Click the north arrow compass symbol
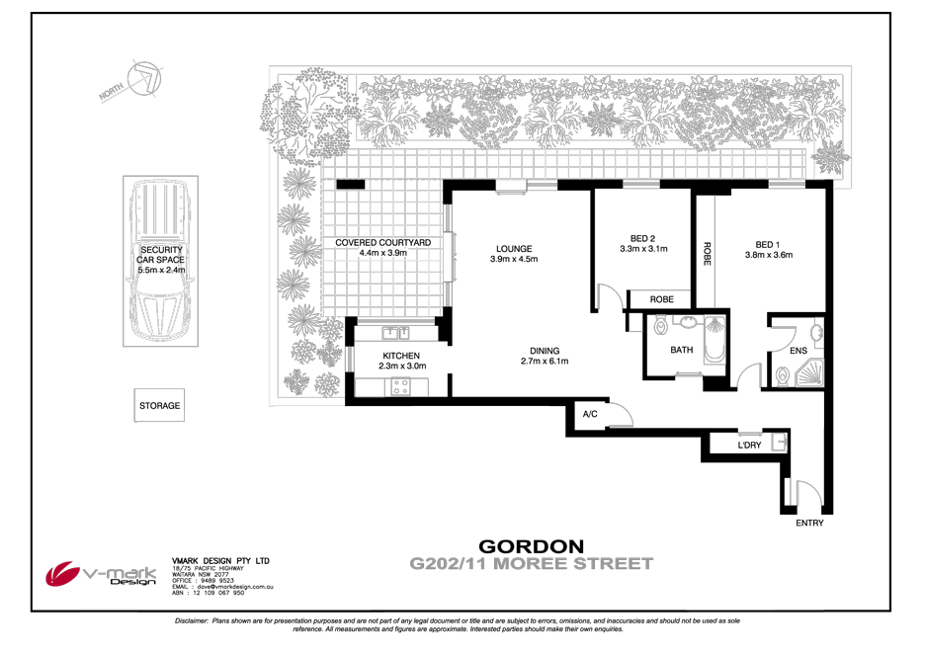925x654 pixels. pos(143,81)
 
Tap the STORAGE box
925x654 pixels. pos(159,405)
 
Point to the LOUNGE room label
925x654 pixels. pos(514,249)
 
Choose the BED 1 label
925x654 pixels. pos(768,244)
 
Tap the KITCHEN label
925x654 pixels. pos(400,356)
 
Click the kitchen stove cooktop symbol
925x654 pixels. pos(401,385)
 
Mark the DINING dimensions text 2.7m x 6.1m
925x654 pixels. pos(544,362)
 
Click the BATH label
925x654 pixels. pos(682,350)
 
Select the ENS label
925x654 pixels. pos(798,350)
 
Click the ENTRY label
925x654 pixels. pos(808,523)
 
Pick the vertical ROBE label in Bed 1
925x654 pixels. pos(708,256)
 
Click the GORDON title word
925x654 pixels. pos(531,545)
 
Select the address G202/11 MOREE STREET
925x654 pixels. pos(531,564)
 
